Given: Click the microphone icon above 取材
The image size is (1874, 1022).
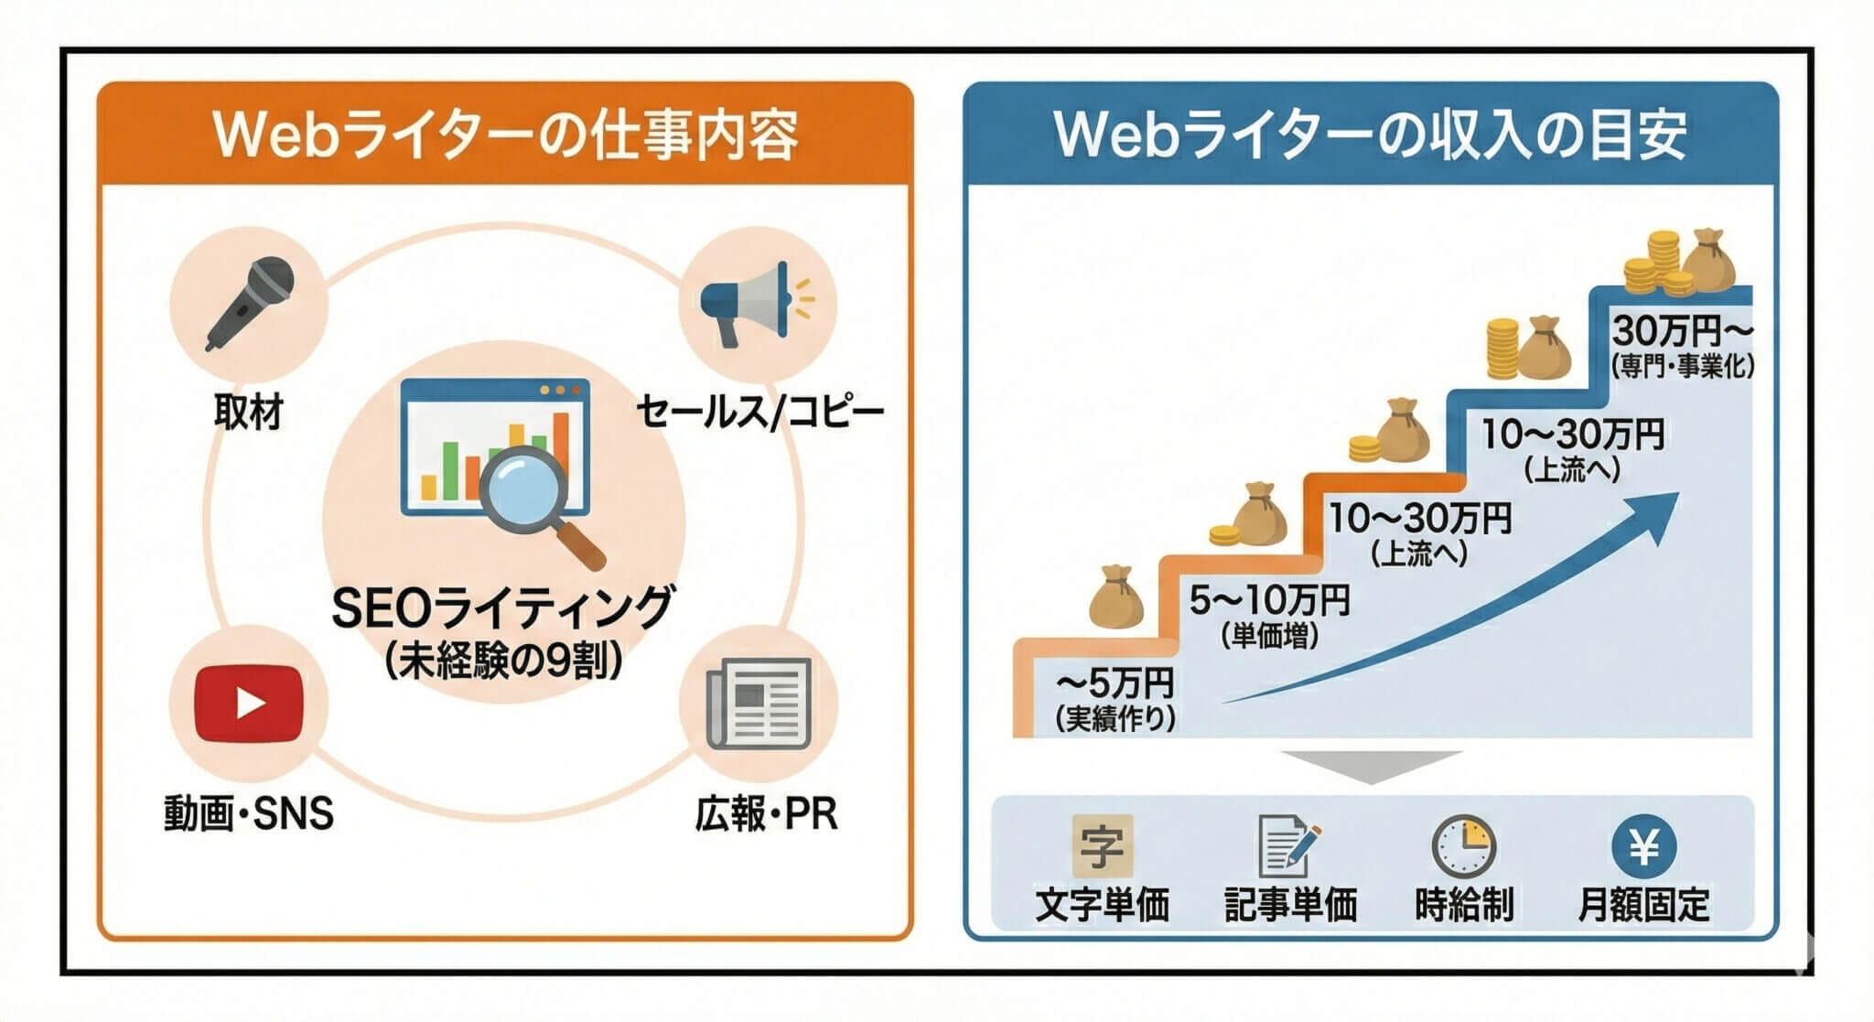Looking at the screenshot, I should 249,302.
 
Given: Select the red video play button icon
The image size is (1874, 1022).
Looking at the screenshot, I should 248,703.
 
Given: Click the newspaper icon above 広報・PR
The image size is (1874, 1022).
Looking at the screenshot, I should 759,703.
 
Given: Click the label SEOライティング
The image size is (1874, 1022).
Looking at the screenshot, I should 501,608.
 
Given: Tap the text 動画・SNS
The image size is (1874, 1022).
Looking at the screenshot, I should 249,812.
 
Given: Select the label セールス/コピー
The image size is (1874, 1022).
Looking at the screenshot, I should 760,411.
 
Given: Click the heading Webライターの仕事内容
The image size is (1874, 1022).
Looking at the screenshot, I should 505,135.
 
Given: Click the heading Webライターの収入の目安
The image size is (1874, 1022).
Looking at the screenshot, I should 1370,135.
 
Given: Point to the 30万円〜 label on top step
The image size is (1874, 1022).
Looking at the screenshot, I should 1682,330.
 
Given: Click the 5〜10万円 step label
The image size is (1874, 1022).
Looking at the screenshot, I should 1269,601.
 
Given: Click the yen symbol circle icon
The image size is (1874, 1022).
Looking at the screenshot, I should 1643,846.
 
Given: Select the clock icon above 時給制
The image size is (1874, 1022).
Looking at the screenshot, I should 1463,846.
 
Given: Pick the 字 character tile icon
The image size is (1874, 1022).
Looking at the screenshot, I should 1102,846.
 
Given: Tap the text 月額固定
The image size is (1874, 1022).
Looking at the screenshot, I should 1643,904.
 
